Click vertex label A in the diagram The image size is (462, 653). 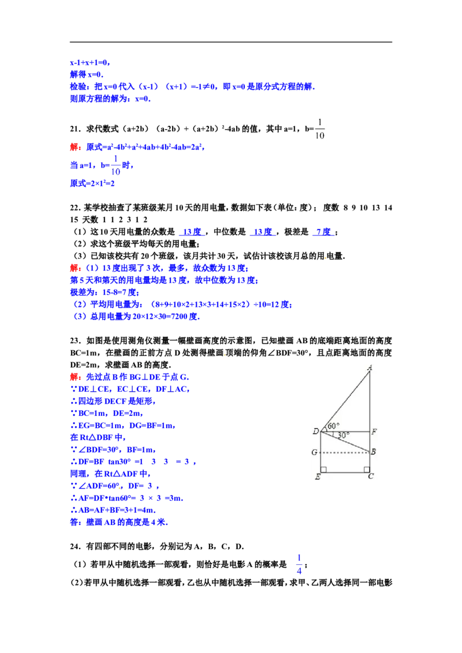pyautogui.click(x=370, y=367)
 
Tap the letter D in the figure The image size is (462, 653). pyautogui.click(x=315, y=431)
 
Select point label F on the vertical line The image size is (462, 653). pyautogui.click(x=375, y=431)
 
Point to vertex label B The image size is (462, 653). pyautogui.click(x=374, y=452)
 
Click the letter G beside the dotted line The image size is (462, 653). pyautogui.click(x=314, y=452)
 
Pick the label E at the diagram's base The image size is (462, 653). pyautogui.click(x=317, y=476)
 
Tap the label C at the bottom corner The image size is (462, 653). pyautogui.click(x=370, y=476)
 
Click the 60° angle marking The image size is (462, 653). pyautogui.click(x=333, y=426)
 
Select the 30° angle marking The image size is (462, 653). pyautogui.click(x=343, y=436)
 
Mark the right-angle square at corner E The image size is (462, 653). pyautogui.click(x=323, y=470)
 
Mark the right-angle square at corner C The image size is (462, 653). pyautogui.click(x=367, y=470)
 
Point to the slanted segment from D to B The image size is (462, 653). pyautogui.click(x=346, y=442)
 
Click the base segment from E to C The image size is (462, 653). pyautogui.click(x=345, y=472)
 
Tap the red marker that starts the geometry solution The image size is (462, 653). pyautogui.click(x=76, y=377)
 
